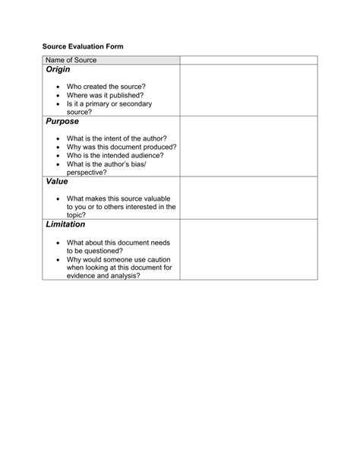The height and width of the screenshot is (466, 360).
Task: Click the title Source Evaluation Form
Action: (83, 47)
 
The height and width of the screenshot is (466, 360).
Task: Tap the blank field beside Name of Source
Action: (248, 60)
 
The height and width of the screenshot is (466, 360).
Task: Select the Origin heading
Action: (58, 70)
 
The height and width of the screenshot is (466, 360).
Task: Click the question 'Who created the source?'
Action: (106, 87)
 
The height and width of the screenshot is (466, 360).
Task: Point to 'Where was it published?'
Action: (105, 96)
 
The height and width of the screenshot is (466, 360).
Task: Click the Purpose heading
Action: (62, 122)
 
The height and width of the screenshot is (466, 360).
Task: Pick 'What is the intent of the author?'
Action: (116, 139)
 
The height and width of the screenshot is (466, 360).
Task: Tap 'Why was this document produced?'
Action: (122, 147)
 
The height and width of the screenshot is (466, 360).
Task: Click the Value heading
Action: (57, 182)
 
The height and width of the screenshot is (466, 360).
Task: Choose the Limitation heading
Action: (65, 225)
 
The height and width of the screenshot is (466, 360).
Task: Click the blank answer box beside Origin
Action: (248, 90)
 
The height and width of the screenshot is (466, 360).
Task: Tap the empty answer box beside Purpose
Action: (248, 146)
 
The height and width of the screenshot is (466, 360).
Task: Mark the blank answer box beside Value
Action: (248, 198)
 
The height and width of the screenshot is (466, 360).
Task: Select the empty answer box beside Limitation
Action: (248, 249)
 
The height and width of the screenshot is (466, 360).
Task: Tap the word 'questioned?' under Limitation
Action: (104, 250)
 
